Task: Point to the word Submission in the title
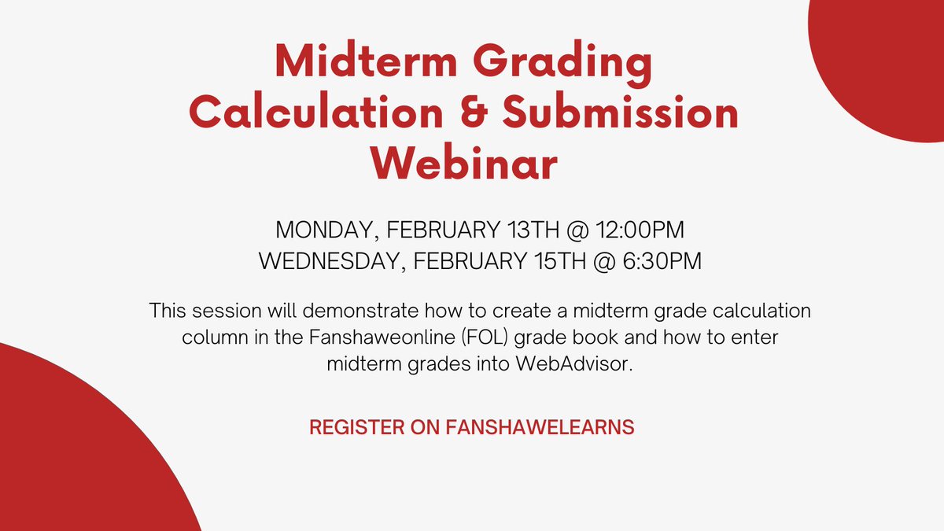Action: click(621, 113)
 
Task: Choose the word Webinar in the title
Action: click(464, 164)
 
